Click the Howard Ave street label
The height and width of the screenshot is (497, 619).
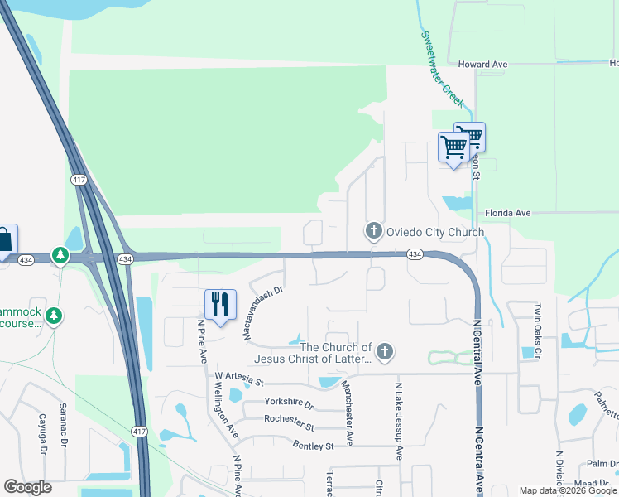pyautogui.click(x=482, y=64)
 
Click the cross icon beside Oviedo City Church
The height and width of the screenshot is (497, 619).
pyautogui.click(x=373, y=231)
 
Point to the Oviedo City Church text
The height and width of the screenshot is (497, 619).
pyautogui.click(x=435, y=232)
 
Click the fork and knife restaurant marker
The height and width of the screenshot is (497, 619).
pyautogui.click(x=219, y=304)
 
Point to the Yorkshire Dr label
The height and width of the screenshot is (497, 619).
pyautogui.click(x=289, y=403)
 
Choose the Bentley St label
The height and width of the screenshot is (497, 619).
pyautogui.click(x=313, y=446)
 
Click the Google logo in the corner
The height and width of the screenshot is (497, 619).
pyautogui.click(x=27, y=486)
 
